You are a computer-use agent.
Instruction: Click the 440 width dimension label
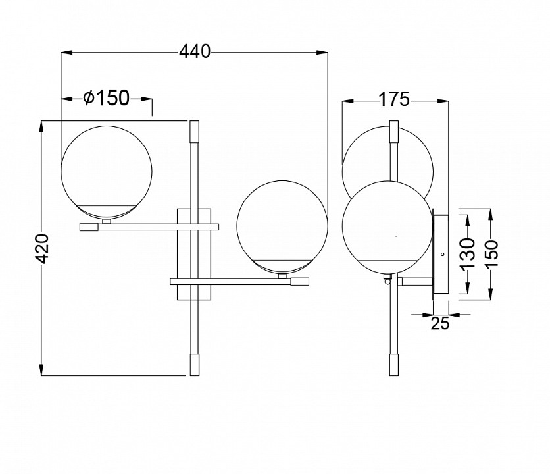195,52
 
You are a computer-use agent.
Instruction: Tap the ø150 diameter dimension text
107,98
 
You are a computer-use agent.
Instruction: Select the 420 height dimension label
43,249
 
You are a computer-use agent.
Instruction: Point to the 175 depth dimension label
394,99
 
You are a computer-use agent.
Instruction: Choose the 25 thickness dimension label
440,323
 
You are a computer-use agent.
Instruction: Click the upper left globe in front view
107,172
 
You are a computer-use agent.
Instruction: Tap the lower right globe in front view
282,226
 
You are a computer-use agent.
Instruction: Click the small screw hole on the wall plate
442,254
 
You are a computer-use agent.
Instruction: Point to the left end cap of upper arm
89,227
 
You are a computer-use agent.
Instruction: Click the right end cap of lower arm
300,282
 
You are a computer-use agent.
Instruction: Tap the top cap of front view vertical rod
194,130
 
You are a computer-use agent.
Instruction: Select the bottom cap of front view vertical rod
194,365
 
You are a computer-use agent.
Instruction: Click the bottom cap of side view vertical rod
394,365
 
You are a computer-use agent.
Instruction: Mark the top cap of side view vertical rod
394,131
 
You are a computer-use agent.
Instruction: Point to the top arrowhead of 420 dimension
41,127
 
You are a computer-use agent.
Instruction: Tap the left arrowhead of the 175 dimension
348,101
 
